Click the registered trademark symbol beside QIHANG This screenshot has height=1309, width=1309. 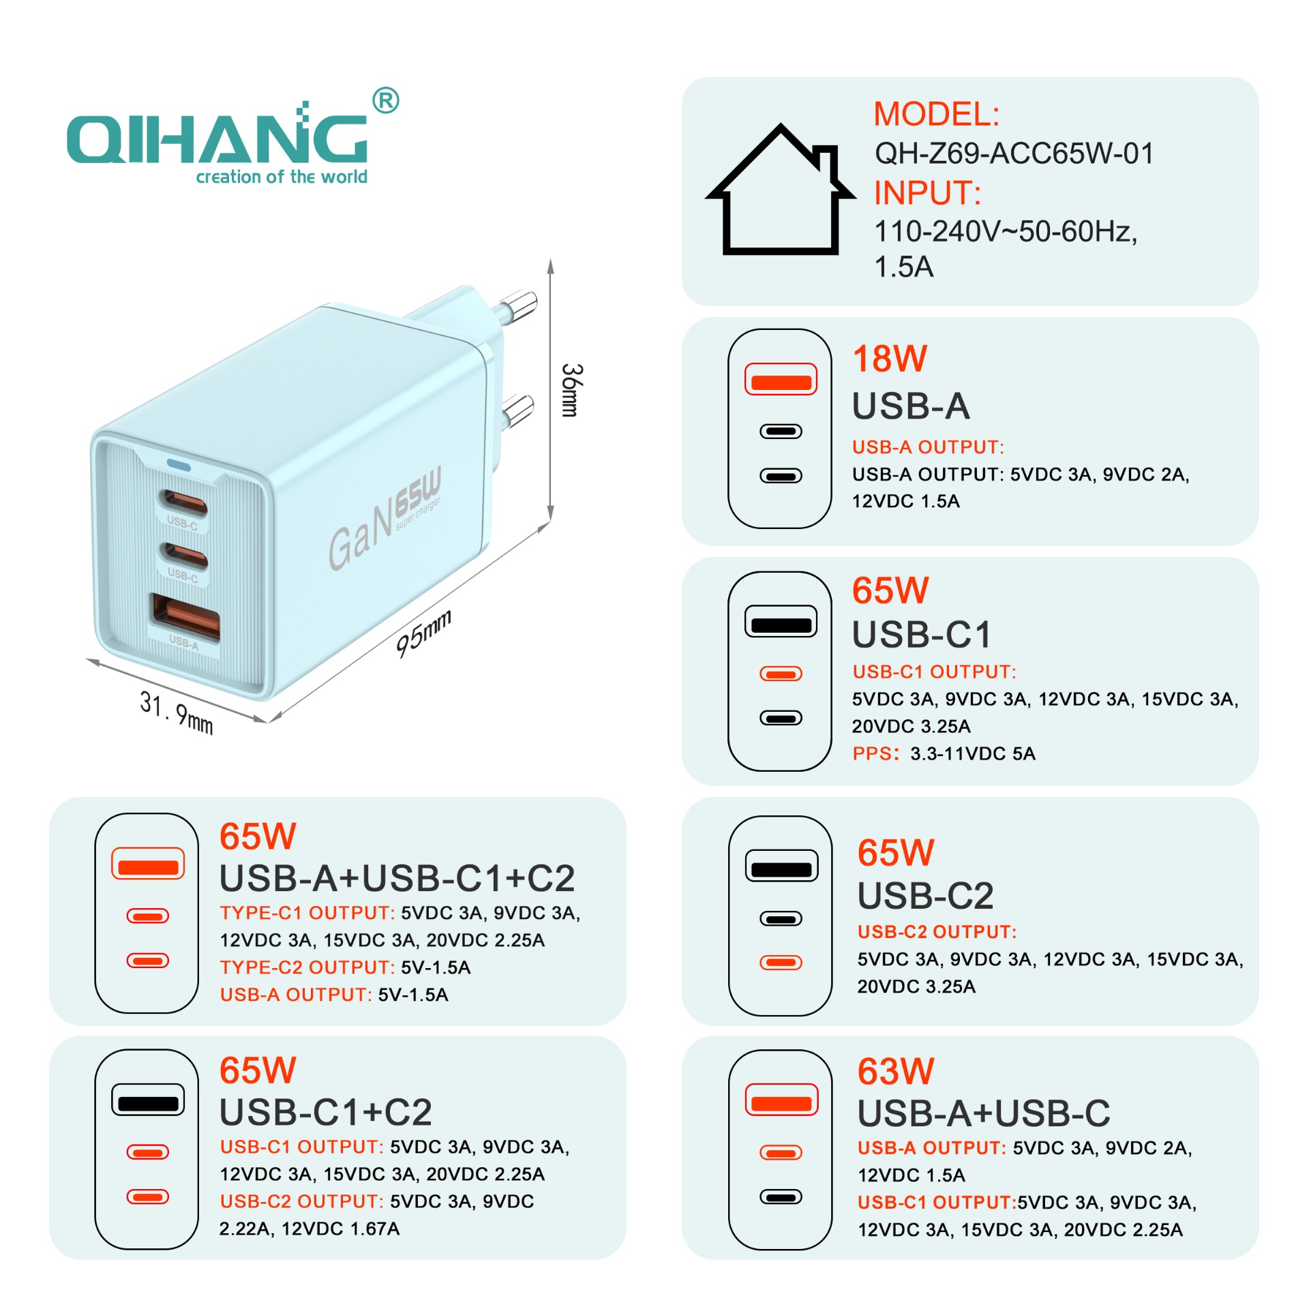click(x=386, y=101)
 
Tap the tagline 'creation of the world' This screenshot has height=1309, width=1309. click(x=282, y=177)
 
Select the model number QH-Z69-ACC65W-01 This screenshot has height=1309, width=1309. click(x=1014, y=153)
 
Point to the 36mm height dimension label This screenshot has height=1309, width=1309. click(x=571, y=390)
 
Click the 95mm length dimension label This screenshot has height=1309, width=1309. click(x=423, y=634)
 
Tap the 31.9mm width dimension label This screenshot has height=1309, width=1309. click(x=177, y=712)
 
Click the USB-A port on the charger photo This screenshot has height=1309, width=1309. click(x=185, y=617)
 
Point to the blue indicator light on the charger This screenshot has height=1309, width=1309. click(x=179, y=466)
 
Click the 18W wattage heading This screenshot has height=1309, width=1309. click(x=890, y=359)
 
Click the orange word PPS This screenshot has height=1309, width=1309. click(x=875, y=754)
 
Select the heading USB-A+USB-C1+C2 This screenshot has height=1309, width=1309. click(x=397, y=878)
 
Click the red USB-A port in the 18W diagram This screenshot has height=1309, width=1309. click(x=781, y=380)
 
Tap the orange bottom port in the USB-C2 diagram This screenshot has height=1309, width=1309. click(x=781, y=963)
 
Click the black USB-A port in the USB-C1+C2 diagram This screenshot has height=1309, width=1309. click(x=148, y=1100)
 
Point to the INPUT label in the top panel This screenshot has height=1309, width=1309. click(x=927, y=194)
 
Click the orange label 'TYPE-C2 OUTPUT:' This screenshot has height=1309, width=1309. click(x=307, y=967)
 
